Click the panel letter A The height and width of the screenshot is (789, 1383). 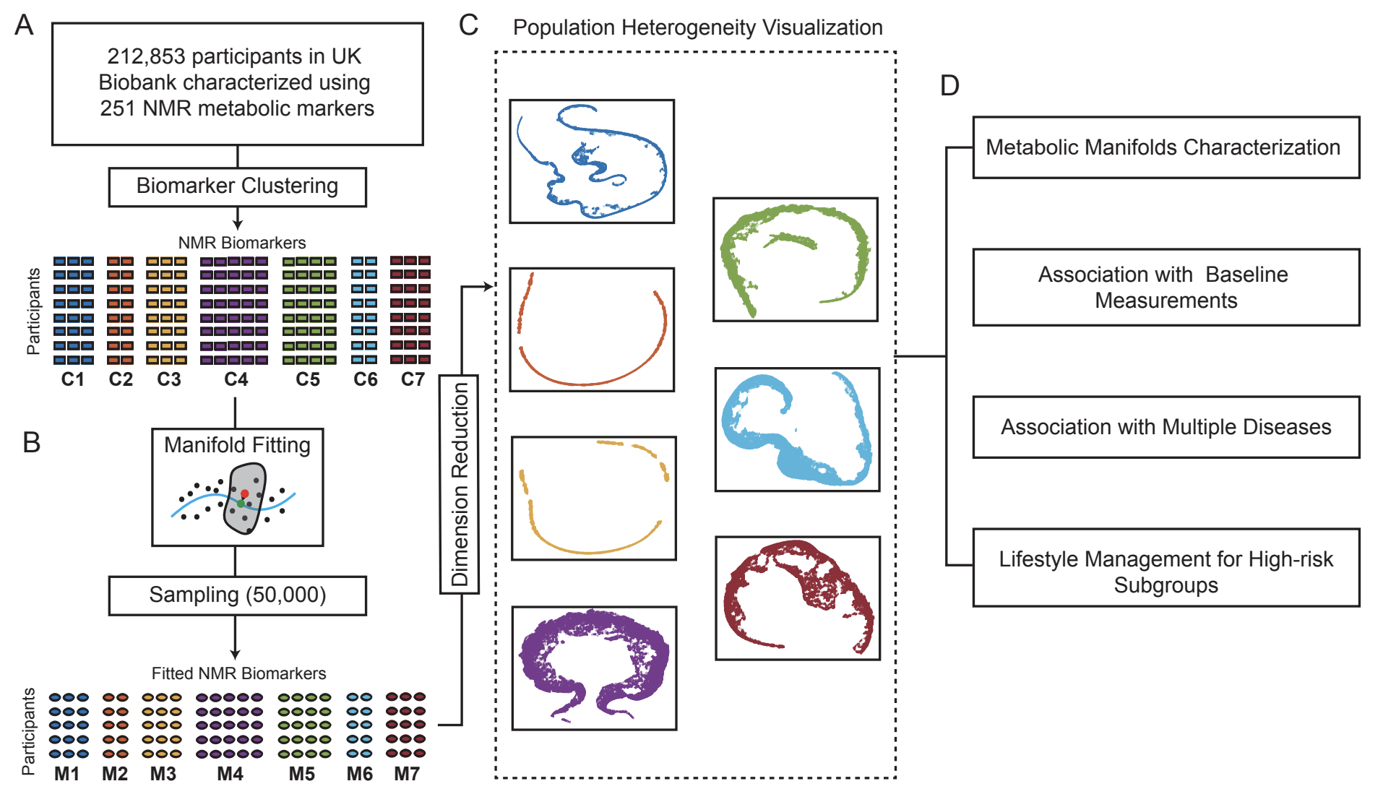coord(24,25)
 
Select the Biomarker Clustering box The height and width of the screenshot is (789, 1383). coord(237,186)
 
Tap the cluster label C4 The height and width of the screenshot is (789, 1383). coord(236,379)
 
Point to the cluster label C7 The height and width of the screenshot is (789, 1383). coord(413,379)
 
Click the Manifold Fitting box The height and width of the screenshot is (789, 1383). coord(237,487)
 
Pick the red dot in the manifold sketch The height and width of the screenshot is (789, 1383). coord(245,493)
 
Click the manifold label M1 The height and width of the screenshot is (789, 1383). coord(67,774)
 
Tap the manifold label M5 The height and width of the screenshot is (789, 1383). coord(302,774)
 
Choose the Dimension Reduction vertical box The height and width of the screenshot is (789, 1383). coord(460,484)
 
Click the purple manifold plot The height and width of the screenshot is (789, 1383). coord(594,668)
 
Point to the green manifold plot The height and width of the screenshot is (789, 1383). coord(795,259)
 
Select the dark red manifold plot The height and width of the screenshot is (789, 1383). coord(797,598)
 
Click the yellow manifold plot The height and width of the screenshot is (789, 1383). coord(593,498)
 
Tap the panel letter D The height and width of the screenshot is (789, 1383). coord(949,86)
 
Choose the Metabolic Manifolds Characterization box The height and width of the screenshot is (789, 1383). coord(1166,147)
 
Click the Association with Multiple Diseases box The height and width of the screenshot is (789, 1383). coord(1166,427)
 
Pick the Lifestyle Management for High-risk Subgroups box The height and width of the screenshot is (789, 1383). coord(1166,567)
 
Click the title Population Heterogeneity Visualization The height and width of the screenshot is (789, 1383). coord(697,27)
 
